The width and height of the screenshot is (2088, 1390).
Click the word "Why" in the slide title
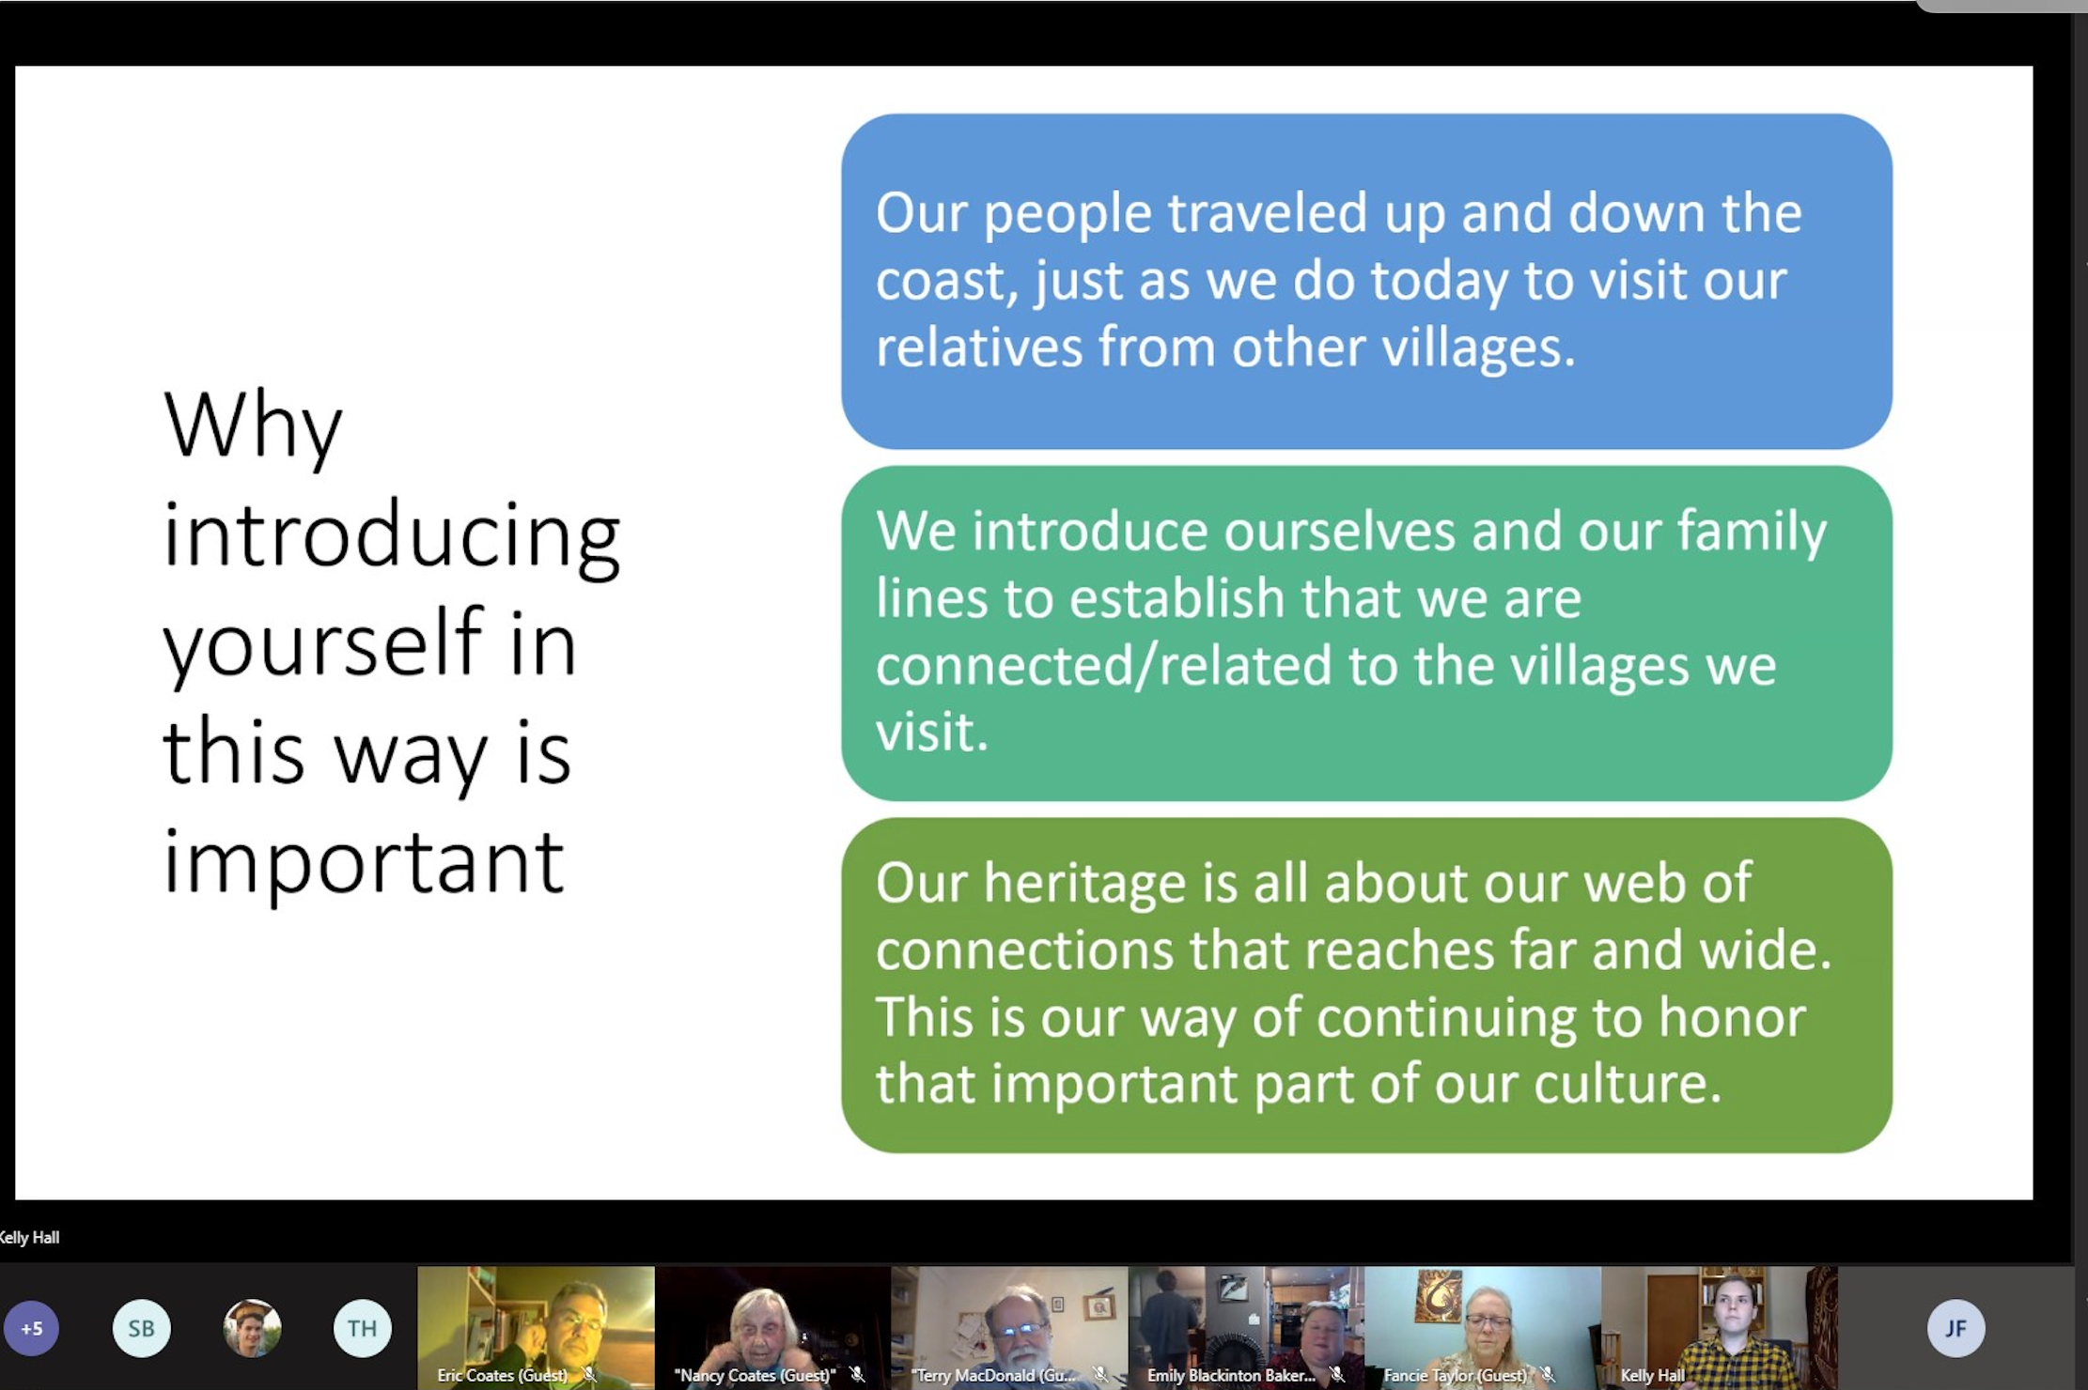[x=253, y=427]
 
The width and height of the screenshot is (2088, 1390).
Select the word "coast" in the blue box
[x=947, y=282]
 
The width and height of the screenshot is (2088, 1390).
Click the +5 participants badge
[x=32, y=1328]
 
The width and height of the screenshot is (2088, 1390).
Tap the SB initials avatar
[x=142, y=1328]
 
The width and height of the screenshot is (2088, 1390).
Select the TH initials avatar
[x=362, y=1328]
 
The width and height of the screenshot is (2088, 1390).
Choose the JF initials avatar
[x=1956, y=1328]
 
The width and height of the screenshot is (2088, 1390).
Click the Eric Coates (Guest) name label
[x=502, y=1375]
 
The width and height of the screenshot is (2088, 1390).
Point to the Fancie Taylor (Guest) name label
[x=1455, y=1375]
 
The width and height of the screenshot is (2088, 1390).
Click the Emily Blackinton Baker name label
[x=1231, y=1375]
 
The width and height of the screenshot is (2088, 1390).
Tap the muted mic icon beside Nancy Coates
[x=857, y=1375]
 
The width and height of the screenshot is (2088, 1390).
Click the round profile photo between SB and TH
[x=252, y=1328]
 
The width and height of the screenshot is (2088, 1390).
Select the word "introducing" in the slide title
[x=392, y=536]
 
